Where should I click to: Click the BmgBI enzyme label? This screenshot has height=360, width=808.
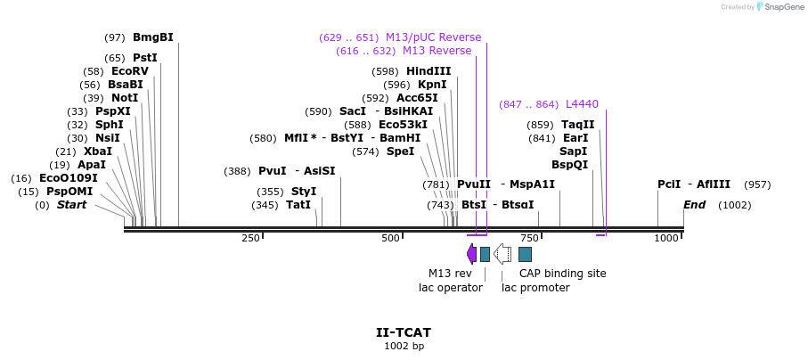(152, 37)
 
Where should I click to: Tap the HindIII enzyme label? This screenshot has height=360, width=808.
(428, 71)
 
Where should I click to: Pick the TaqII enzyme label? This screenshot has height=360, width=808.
(577, 125)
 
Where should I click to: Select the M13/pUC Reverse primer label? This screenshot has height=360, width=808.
(433, 37)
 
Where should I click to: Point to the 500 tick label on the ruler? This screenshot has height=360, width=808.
(390, 239)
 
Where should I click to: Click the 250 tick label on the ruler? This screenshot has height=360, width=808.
(250, 239)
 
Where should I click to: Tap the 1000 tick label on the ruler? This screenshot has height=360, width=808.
(667, 239)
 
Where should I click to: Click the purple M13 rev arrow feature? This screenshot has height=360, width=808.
(471, 254)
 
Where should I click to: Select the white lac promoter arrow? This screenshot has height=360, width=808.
(502, 254)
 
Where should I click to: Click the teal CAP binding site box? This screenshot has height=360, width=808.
(526, 254)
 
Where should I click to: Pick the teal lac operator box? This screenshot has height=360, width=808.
(485, 254)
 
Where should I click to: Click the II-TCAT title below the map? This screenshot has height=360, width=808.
(404, 332)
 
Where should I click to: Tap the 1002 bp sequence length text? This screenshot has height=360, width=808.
(404, 346)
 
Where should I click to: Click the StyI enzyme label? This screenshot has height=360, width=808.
(304, 192)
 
